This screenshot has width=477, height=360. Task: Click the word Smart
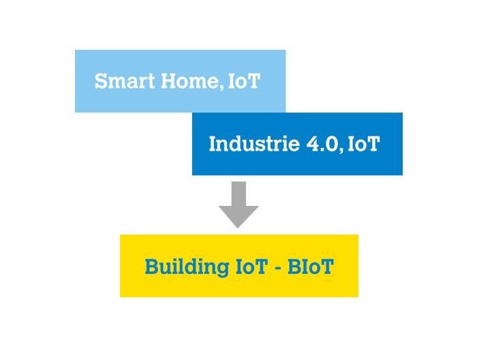(x=125, y=81)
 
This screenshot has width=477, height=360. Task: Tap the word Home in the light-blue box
(x=189, y=81)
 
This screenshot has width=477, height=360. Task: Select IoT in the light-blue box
(x=244, y=81)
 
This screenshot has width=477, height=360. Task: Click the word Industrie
(x=254, y=143)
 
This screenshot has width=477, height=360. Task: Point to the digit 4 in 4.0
(x=313, y=144)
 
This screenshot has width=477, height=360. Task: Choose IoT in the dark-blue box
(x=363, y=144)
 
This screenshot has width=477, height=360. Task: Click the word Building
(x=187, y=267)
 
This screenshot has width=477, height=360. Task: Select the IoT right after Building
(x=251, y=267)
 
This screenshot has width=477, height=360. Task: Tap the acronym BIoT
(x=311, y=267)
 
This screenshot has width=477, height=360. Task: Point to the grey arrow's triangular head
(x=238, y=217)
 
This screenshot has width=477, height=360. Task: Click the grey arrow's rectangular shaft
(x=238, y=194)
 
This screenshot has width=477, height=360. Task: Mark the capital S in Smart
(x=101, y=81)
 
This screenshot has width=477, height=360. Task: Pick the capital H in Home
(x=170, y=81)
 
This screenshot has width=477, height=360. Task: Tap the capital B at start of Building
(x=152, y=267)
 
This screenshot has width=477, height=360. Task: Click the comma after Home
(x=221, y=87)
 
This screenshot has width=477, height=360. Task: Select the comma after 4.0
(x=341, y=150)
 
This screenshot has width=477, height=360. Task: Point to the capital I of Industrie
(x=213, y=144)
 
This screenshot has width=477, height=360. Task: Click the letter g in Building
(x=222, y=269)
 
